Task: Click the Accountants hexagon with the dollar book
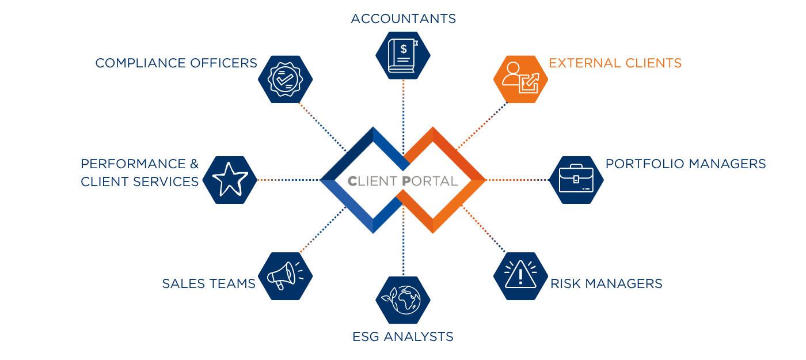click(402, 56)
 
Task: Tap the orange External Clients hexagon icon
click(520, 79)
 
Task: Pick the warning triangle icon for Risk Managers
click(520, 275)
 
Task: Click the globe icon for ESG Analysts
click(402, 300)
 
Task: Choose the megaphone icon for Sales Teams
click(285, 275)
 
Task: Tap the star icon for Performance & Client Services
click(230, 180)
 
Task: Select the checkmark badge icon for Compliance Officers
click(285, 79)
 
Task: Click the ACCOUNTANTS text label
click(403, 19)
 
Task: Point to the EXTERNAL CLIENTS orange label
click(615, 63)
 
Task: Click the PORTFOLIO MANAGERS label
click(685, 164)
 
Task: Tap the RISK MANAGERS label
click(606, 283)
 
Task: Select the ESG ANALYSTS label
click(402, 336)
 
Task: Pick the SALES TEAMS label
click(208, 283)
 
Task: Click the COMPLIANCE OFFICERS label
click(176, 63)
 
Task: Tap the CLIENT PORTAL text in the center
click(402, 181)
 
